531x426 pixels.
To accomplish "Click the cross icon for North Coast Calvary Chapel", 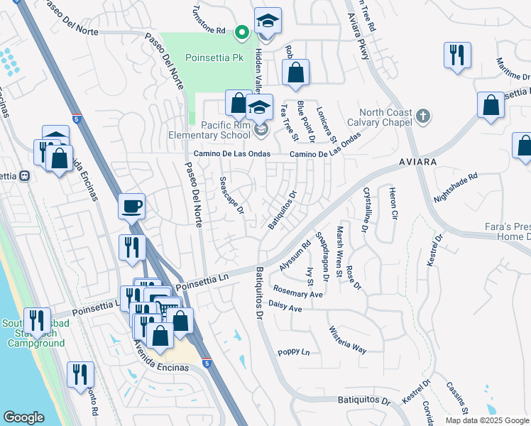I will (422, 115).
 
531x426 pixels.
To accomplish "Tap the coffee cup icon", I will (132, 207).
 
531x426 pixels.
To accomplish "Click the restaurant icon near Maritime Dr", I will (456, 55).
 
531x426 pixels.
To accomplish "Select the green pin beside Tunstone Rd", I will (241, 31).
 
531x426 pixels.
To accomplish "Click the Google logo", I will (23, 417).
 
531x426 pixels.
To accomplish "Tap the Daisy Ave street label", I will (286, 310).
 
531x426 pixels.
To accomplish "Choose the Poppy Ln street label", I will (294, 352).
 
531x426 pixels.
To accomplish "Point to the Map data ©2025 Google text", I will (488, 420).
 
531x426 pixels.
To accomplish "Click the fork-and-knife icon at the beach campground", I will (36, 321).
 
